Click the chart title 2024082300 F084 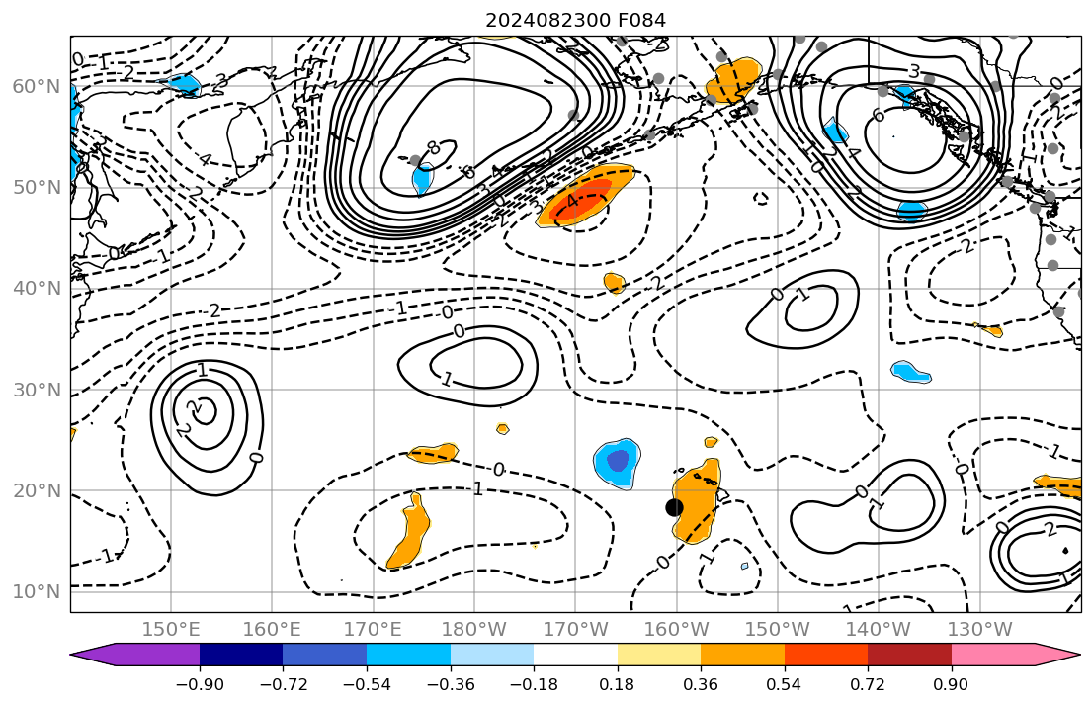(575, 20)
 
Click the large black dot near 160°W (674, 507)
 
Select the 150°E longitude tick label (171, 629)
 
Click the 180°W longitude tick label (473, 629)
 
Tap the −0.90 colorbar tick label (200, 684)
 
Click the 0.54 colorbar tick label (785, 684)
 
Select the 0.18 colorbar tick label (618, 684)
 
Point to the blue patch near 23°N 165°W (618, 461)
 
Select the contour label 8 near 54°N (433, 149)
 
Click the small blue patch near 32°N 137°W (910, 372)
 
